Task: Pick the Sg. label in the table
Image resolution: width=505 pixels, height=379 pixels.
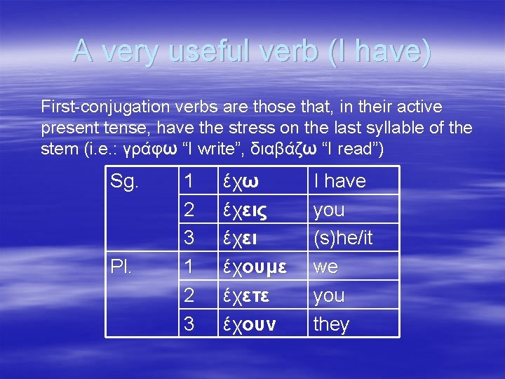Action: [x=126, y=181]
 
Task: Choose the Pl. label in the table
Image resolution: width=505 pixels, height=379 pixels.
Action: [x=121, y=267]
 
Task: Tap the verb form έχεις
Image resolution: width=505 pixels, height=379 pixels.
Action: [x=245, y=210]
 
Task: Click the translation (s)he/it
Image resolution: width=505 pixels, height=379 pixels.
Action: [x=343, y=239]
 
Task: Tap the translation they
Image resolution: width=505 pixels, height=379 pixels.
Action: [x=331, y=325]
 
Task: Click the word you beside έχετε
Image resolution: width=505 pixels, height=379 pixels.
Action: [x=329, y=296]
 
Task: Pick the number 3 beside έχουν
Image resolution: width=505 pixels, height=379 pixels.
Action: [x=188, y=325]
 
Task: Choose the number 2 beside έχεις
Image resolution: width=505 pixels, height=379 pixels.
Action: [x=188, y=210]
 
